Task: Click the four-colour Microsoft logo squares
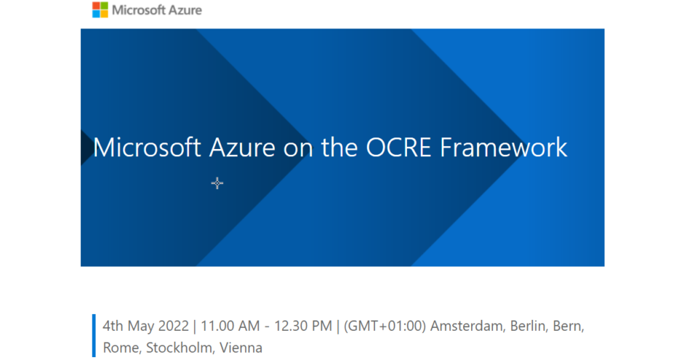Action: click(x=100, y=10)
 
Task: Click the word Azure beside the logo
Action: click(x=184, y=10)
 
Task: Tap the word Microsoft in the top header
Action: click(x=137, y=10)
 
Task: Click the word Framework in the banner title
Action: click(x=504, y=148)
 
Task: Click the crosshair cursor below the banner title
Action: click(x=217, y=183)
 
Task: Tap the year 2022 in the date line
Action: click(x=174, y=326)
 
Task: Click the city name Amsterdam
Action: click(x=466, y=326)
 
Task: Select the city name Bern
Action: click(x=569, y=326)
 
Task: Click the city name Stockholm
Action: click(x=178, y=348)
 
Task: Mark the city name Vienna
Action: click(x=241, y=348)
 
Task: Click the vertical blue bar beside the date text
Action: click(x=94, y=336)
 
